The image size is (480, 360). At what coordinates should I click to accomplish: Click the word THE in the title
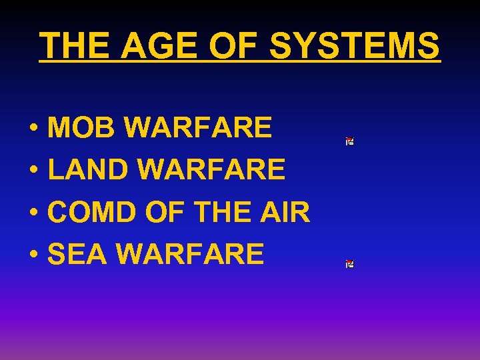pyautogui.click(x=75, y=46)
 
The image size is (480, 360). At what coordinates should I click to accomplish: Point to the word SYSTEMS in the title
pyautogui.click(x=355, y=46)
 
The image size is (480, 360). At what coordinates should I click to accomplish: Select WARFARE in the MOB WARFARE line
pyautogui.click(x=198, y=127)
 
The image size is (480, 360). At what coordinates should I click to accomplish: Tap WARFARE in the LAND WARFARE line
pyautogui.click(x=211, y=169)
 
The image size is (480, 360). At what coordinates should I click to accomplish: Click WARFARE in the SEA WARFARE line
pyautogui.click(x=191, y=254)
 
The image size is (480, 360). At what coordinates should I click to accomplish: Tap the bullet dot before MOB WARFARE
pyautogui.click(x=33, y=128)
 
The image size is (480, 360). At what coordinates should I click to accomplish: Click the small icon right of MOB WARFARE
pyautogui.click(x=349, y=141)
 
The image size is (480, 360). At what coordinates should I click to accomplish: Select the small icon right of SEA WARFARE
pyautogui.click(x=349, y=264)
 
